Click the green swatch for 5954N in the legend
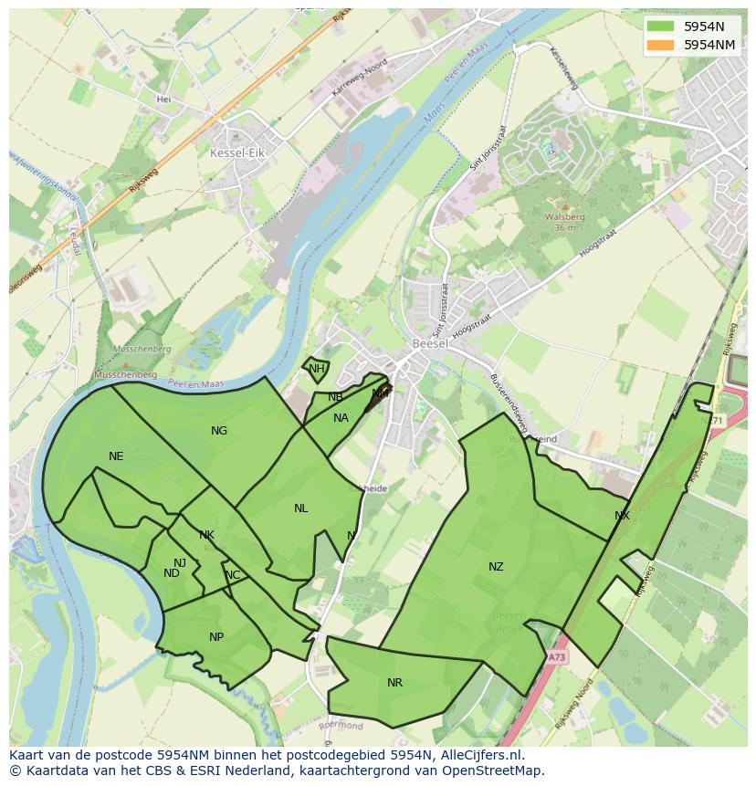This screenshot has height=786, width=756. coord(661,26)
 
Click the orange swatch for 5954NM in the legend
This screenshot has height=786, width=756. coord(661,44)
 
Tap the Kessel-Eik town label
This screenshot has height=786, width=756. coord(236,153)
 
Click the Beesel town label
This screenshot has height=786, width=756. coord(428,343)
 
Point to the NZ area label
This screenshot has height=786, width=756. coord(496,567)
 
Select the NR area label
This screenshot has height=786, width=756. coord(394,683)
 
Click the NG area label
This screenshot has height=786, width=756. coord(219,431)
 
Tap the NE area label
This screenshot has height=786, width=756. coord(116,456)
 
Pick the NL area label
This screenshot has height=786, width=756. coord(300,508)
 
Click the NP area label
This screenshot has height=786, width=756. coord(216,637)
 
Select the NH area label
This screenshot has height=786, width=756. coord(316,369)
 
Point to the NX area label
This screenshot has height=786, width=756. coord(622,516)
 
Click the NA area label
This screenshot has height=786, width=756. coord(341,418)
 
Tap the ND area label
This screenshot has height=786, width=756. coord(172,573)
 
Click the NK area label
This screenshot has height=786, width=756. coord(206,535)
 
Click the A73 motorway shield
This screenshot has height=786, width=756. coord(558,656)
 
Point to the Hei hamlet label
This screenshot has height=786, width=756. coord(164,100)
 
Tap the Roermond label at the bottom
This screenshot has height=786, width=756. coord(341,726)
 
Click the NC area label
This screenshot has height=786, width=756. coord(233,575)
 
